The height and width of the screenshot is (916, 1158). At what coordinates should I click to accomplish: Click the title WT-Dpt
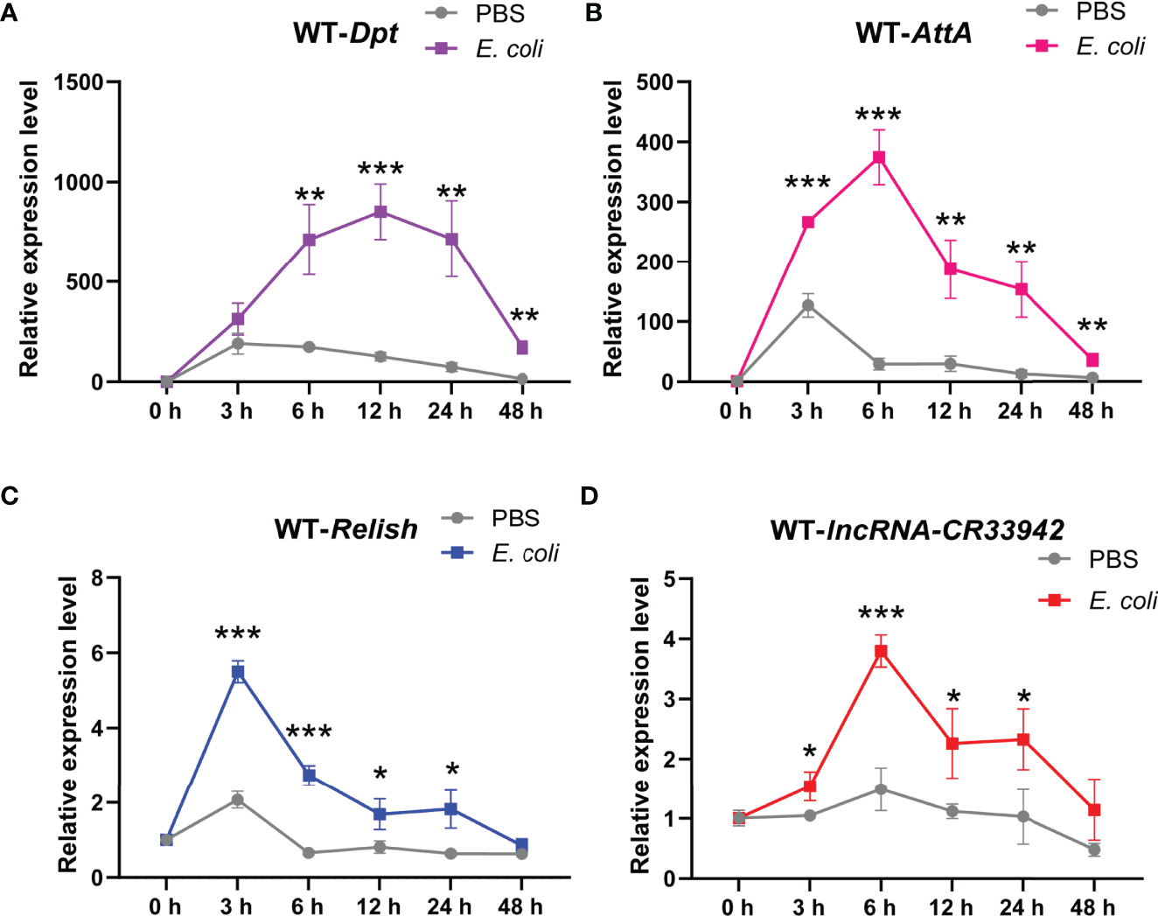pyautogui.click(x=345, y=33)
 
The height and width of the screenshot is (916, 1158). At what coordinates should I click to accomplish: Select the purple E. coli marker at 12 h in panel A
pyautogui.click(x=380, y=212)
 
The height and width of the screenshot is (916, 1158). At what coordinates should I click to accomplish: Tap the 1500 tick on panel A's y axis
pyautogui.click(x=78, y=83)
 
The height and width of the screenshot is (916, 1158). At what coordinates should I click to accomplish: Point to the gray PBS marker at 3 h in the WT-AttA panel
pyautogui.click(x=808, y=305)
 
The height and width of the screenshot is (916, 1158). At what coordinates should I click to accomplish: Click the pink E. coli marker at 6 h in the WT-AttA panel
pyautogui.click(x=879, y=157)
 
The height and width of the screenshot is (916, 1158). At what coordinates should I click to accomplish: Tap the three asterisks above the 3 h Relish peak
pyautogui.click(x=237, y=634)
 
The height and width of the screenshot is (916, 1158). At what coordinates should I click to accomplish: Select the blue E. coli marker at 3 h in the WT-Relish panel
pyautogui.click(x=237, y=672)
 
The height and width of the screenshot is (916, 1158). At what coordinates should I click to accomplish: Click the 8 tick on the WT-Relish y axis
pyautogui.click(x=96, y=578)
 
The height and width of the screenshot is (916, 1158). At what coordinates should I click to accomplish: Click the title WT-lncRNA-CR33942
pyautogui.click(x=917, y=529)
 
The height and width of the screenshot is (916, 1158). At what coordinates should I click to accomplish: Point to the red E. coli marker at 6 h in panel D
pyautogui.click(x=881, y=651)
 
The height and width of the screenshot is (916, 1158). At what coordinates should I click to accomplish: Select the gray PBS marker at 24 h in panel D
pyautogui.click(x=1023, y=816)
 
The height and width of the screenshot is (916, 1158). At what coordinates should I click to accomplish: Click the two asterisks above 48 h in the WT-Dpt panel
pyautogui.click(x=524, y=317)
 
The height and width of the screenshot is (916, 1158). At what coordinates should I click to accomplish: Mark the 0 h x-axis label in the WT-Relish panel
pyautogui.click(x=165, y=906)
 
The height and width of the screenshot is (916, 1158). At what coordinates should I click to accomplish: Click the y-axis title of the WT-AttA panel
pyautogui.click(x=613, y=229)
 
